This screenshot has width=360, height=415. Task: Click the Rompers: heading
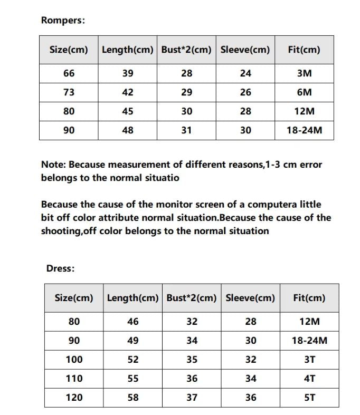(63, 21)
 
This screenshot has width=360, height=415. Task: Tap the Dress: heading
(60, 268)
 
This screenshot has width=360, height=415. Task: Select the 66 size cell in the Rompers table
(69, 73)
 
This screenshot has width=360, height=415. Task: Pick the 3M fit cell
(304, 73)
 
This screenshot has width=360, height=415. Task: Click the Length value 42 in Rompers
(128, 92)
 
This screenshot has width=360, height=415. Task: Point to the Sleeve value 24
(245, 73)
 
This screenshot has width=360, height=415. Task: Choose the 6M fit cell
(304, 92)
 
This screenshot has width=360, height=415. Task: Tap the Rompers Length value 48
(128, 130)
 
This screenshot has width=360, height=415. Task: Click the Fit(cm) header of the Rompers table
(304, 50)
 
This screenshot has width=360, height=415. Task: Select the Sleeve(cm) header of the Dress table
(250, 298)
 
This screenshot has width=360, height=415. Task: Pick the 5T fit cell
(309, 398)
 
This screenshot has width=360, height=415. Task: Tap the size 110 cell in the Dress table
(74, 378)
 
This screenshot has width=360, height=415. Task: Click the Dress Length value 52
(133, 360)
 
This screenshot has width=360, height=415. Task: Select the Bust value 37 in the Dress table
(192, 398)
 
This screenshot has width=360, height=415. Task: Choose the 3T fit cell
(309, 360)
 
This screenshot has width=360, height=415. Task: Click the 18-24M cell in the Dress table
(309, 341)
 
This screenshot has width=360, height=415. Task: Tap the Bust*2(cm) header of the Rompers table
(186, 50)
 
